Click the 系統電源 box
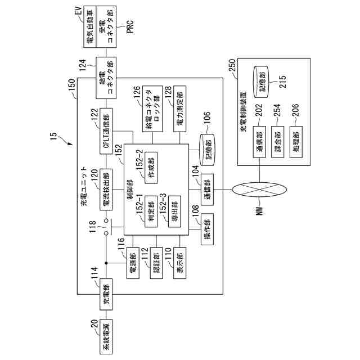click(106, 336)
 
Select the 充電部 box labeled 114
click(106, 294)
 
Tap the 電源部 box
click(133, 263)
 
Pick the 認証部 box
click(156, 263)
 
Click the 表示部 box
click(179, 263)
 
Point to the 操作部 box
click(207, 229)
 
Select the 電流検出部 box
click(106, 190)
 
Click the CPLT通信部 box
click(106, 131)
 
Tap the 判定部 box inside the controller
click(151, 211)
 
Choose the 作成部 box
click(151, 168)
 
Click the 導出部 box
click(174, 211)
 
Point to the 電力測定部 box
click(179, 109)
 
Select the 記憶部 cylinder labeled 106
click(207, 150)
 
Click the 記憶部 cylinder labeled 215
click(260, 82)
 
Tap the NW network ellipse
click(259, 190)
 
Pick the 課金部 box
click(277, 142)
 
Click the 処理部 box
click(296, 142)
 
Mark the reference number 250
click(232, 65)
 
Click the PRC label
click(130, 27)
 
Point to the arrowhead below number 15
click(70, 143)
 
